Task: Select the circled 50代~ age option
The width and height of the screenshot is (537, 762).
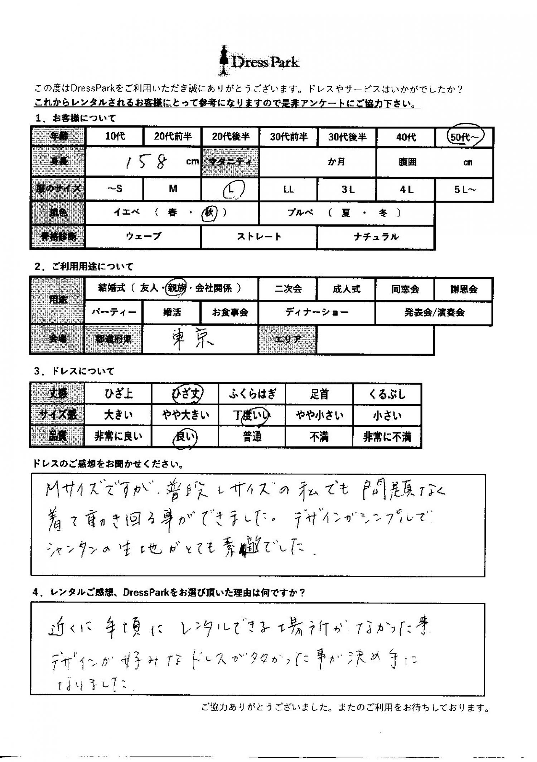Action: click(x=465, y=137)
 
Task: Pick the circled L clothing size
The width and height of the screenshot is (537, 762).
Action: click(x=231, y=189)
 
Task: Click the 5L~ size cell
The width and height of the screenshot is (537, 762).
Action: click(x=465, y=190)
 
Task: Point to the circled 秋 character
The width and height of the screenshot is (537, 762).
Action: click(x=209, y=213)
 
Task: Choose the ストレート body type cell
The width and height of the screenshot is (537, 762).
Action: click(x=259, y=237)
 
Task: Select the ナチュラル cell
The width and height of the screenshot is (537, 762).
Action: click(x=376, y=237)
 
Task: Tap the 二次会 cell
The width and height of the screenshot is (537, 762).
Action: click(x=288, y=289)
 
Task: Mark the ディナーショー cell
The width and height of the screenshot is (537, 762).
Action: click(x=317, y=312)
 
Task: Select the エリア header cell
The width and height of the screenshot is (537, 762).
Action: click(x=288, y=339)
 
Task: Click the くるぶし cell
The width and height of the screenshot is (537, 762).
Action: click(x=387, y=394)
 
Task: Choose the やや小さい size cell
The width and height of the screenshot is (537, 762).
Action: click(x=319, y=415)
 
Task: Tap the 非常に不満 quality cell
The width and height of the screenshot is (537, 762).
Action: click(x=387, y=437)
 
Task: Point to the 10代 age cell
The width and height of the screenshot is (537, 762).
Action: click(x=115, y=136)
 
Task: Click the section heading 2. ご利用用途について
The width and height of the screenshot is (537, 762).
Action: click(x=84, y=266)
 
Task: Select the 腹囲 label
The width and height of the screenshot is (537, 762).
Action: click(x=407, y=162)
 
